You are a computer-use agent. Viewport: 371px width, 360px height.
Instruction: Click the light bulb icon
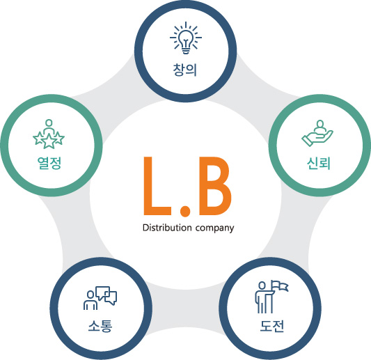pos(186,38)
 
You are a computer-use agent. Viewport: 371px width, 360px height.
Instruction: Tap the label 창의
pos(185,70)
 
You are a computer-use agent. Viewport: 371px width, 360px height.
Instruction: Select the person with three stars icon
pos(49,134)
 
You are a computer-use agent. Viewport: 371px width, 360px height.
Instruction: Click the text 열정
pos(49,163)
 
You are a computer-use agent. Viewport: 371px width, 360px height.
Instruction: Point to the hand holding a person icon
pos(317,133)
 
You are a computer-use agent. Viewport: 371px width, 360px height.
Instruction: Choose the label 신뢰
pos(319,163)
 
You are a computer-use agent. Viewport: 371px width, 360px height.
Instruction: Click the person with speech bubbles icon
pos(100,298)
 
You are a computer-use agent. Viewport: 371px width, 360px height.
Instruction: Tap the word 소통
pos(100,326)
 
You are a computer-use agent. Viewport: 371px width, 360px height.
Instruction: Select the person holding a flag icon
pos(271,297)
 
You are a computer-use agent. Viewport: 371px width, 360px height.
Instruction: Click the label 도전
pos(271,326)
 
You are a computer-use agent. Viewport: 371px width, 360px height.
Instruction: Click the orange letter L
pos(157,185)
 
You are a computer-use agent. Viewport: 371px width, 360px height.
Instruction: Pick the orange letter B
pos(214,185)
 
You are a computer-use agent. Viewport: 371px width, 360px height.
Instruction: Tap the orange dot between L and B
pos(184,212)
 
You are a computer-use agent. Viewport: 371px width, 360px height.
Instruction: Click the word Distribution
pos(167,228)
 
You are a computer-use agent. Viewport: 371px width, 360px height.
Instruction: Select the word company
pos(215,228)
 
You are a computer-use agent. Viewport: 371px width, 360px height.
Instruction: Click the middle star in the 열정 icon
pos(49,141)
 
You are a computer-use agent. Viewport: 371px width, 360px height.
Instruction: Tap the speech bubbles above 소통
pos(106,295)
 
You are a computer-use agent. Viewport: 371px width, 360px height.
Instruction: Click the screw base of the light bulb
pos(186,51)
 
